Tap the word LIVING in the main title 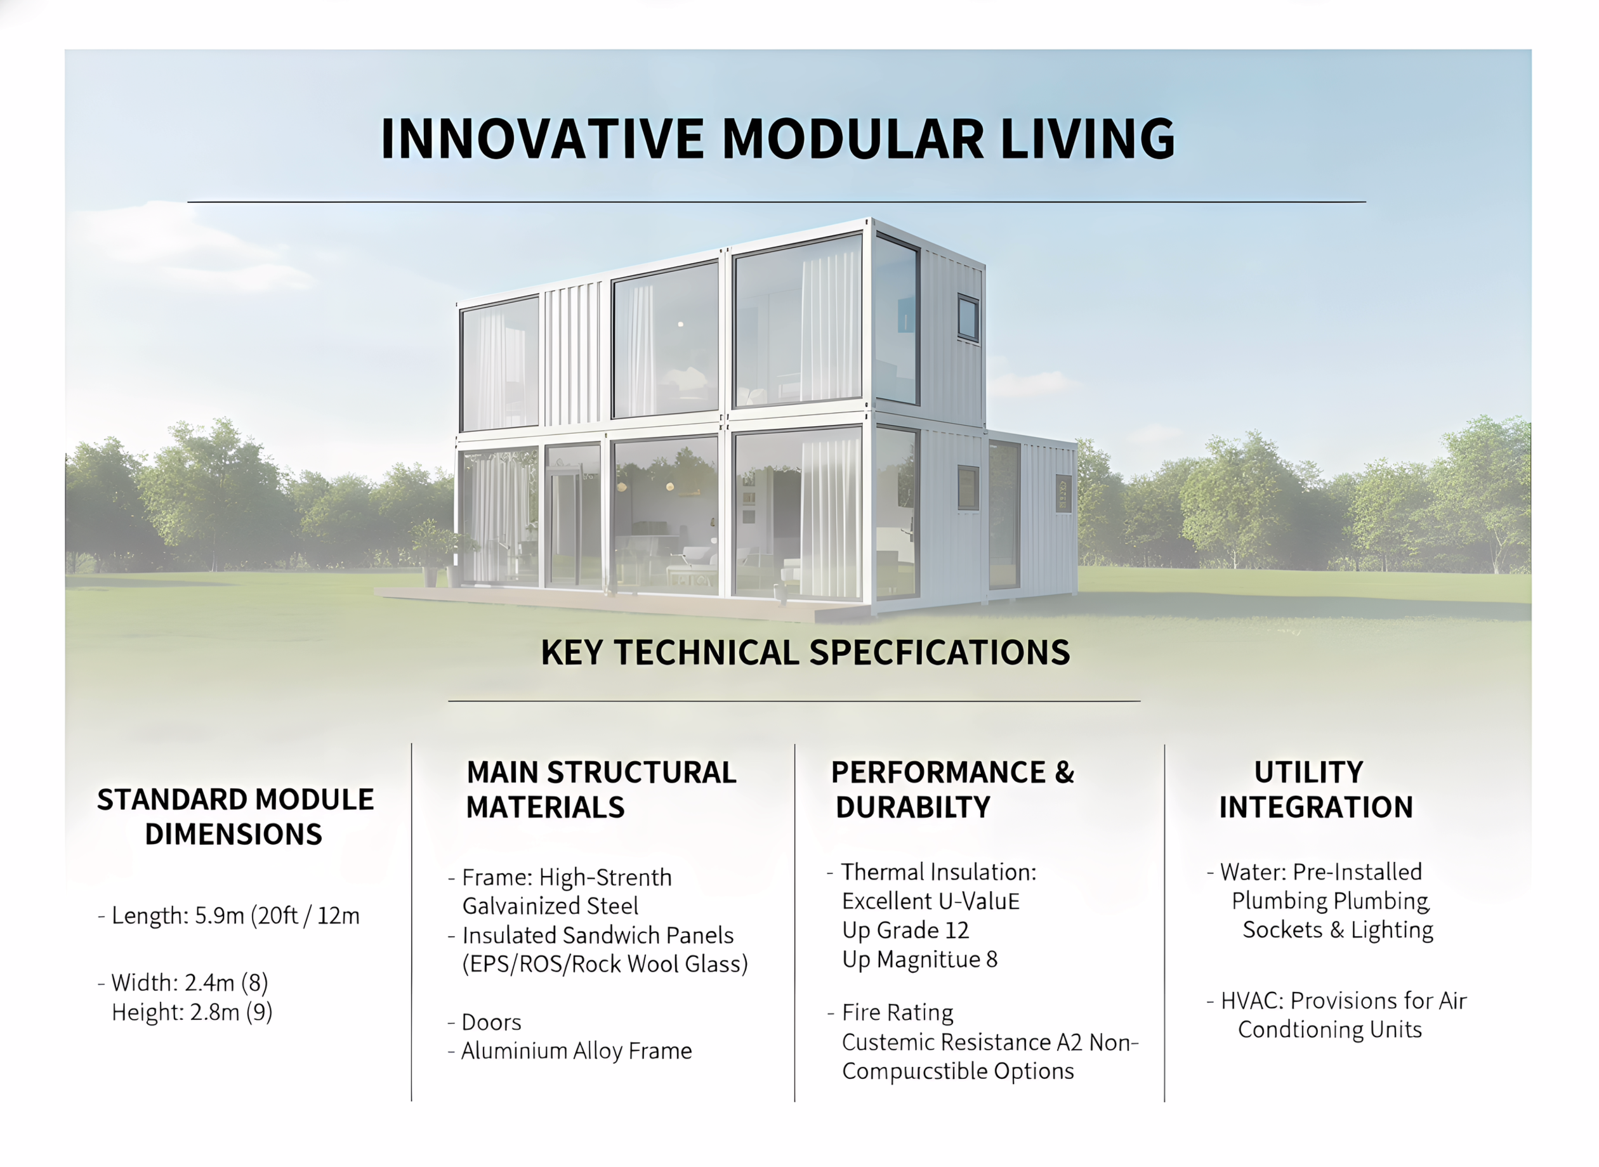coord(1088,138)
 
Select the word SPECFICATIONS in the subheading coord(939,652)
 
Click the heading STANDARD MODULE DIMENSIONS coord(235,818)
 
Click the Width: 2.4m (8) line coord(189,982)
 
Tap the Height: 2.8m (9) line coord(192,1012)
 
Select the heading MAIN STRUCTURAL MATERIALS coord(601,790)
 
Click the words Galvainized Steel coord(549,906)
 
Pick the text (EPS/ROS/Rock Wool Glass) coord(605,964)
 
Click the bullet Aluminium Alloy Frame coord(576,1051)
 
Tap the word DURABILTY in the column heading coord(913,807)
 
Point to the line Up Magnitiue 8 coord(919,960)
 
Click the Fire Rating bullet coord(897,1013)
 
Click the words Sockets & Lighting coord(1338,930)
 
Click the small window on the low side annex coord(1063,493)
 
